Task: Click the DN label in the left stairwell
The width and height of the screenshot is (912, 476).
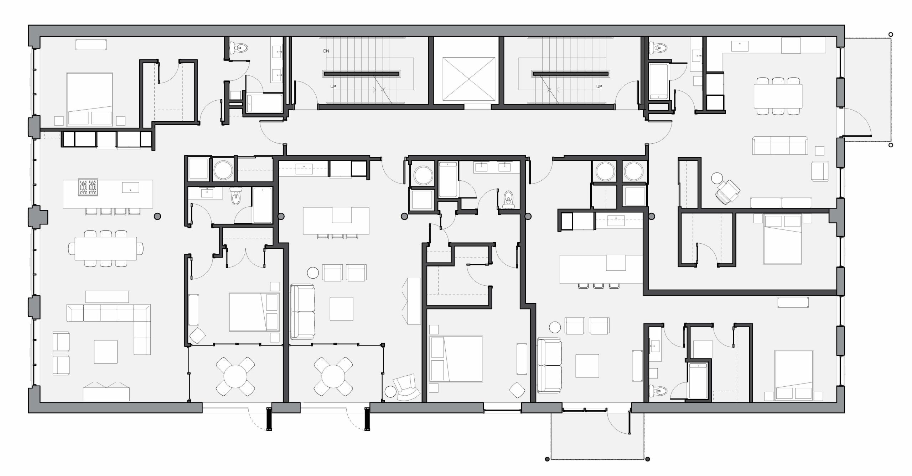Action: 326,51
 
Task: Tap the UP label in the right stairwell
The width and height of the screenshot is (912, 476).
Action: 599,86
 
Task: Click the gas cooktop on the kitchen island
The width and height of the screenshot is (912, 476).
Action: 88,187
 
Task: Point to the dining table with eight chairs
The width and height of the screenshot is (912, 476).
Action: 105,248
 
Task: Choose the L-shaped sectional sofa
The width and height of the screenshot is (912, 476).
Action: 109,329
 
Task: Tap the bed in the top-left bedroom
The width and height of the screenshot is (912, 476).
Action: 90,99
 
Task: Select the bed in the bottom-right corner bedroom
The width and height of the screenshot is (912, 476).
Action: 793,376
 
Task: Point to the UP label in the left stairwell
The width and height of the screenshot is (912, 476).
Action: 333,87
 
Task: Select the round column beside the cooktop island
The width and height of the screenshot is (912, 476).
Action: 157,216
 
